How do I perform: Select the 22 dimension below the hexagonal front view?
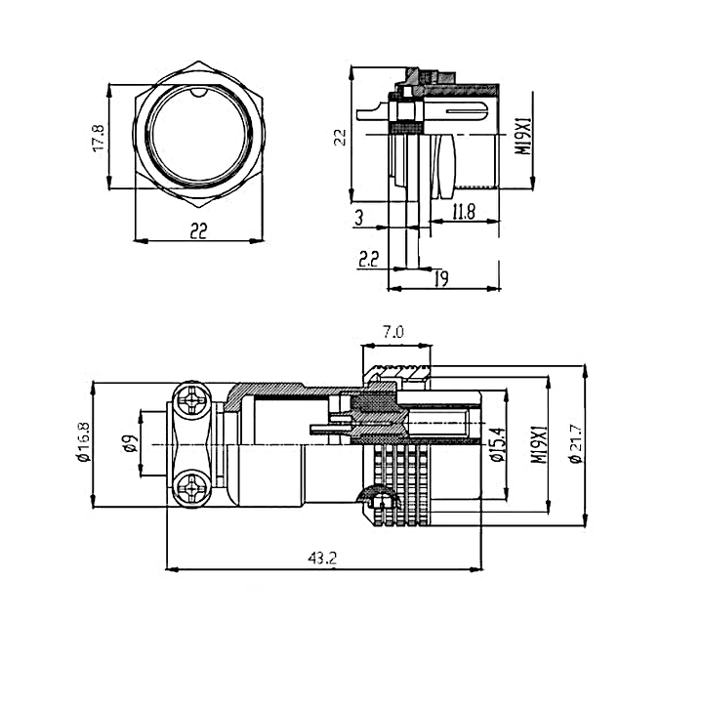coord(199,230)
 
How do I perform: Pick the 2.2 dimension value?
coord(369,259)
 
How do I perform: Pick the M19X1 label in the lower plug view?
coord(536,445)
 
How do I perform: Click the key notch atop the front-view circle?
coord(199,93)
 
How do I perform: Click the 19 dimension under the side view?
coord(441,280)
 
